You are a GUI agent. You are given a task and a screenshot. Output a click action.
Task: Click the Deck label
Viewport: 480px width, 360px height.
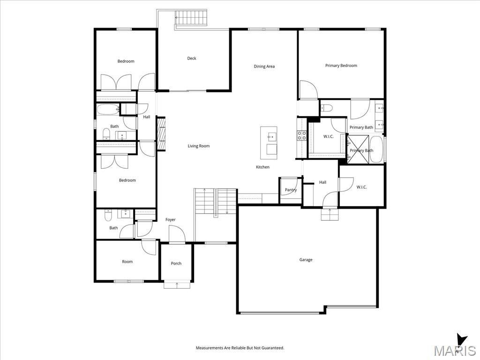(x=192, y=59)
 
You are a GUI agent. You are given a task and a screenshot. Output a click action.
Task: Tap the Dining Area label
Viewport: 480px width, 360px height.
(x=264, y=67)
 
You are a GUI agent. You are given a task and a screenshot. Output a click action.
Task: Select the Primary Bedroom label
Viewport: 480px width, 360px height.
(x=341, y=66)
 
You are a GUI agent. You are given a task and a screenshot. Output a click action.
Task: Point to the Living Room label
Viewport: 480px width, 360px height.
(x=199, y=146)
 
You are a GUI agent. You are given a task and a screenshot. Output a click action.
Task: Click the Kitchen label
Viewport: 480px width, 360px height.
(x=262, y=167)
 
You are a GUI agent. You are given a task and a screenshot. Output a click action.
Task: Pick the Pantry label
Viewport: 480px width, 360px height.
(x=291, y=190)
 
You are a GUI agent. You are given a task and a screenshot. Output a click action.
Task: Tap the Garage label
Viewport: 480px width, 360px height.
(x=306, y=260)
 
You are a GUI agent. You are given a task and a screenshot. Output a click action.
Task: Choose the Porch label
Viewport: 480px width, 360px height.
(x=176, y=263)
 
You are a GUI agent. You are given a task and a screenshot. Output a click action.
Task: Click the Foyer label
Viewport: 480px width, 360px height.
(x=171, y=220)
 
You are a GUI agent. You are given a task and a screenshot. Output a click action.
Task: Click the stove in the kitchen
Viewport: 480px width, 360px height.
(x=302, y=136)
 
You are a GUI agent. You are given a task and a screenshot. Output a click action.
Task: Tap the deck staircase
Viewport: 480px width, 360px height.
(x=191, y=20)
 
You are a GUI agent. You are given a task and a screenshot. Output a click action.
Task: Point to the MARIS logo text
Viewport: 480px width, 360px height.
(x=454, y=351)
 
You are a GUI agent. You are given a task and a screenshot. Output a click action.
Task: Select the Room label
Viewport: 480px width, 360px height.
(x=127, y=262)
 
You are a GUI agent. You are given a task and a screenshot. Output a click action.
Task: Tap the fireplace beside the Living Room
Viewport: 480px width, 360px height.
(x=161, y=134)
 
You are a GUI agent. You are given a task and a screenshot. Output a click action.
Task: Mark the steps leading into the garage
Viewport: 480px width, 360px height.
(x=330, y=214)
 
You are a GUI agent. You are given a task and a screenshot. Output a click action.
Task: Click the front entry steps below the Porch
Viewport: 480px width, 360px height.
(x=177, y=284)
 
